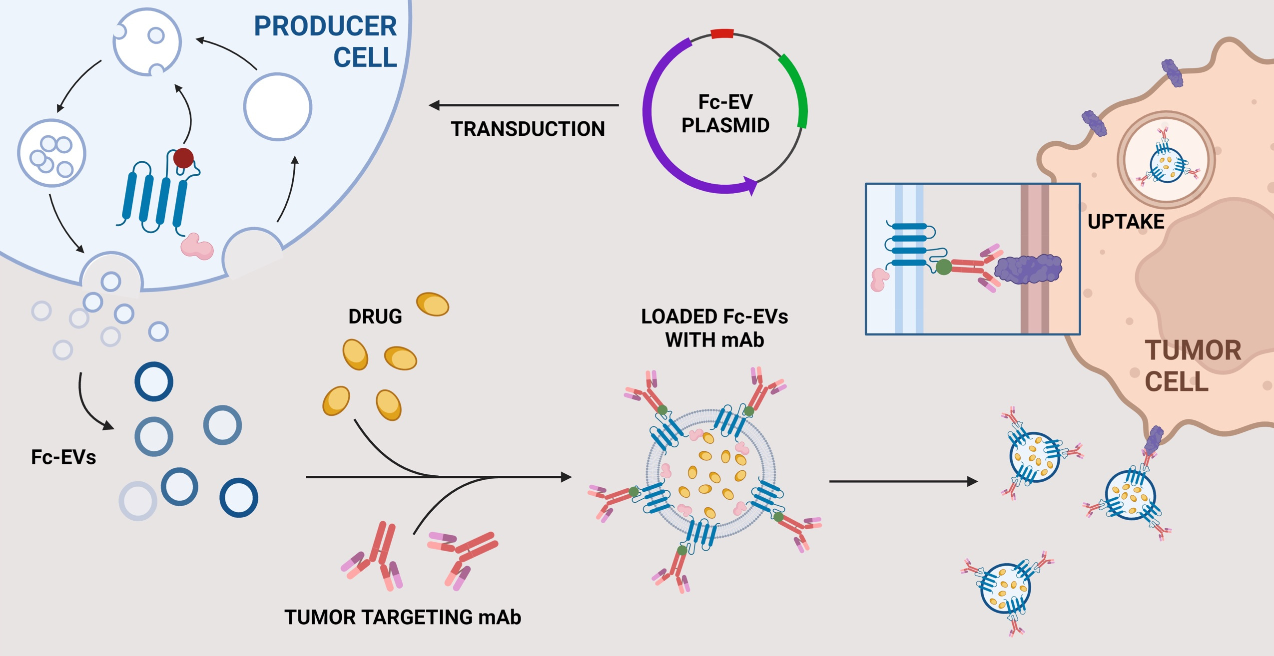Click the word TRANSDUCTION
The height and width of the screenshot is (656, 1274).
coord(528,129)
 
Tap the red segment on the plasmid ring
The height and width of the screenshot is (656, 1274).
coord(722,34)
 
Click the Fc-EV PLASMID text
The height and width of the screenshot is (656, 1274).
coord(725,113)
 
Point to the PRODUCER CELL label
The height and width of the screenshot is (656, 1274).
coord(325,41)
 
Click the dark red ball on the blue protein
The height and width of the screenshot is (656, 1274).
coord(183,158)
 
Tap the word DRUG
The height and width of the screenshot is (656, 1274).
coord(375,317)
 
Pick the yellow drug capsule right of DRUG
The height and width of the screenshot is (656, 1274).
coord(433,304)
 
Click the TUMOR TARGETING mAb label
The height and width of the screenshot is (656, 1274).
coord(403,617)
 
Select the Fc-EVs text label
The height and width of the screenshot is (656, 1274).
coord(63,457)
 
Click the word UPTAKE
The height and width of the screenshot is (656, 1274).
coord(1126,222)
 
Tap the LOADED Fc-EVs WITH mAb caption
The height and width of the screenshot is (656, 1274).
coord(714,328)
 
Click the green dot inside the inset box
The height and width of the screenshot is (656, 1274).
coord(943,267)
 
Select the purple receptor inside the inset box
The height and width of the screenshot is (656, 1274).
coord(1028,269)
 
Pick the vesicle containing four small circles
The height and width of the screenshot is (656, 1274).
coord(52,153)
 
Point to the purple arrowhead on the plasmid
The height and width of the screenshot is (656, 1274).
coord(750,185)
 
